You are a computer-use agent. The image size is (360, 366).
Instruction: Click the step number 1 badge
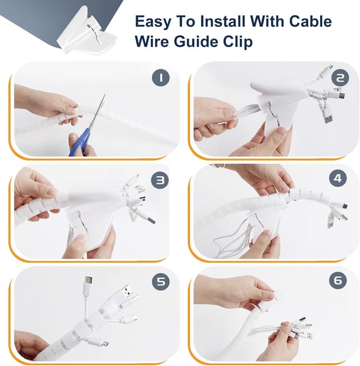[x=161, y=78]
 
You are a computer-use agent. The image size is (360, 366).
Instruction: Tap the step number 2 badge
[x=339, y=78]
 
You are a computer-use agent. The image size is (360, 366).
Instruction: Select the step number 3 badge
[x=161, y=180]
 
